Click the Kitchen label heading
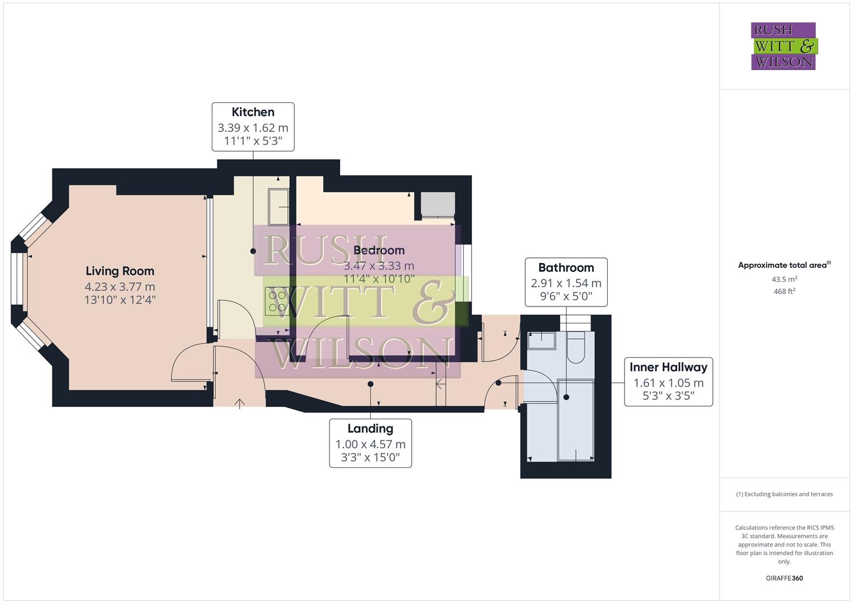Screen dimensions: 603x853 tap(253, 112)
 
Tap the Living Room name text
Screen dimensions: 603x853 tap(120, 271)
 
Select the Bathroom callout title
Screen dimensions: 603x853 tap(566, 267)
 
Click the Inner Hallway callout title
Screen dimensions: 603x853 tap(668, 367)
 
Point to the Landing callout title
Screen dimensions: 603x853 tap(370, 428)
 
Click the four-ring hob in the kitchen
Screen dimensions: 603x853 tap(275, 301)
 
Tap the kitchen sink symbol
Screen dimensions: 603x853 tap(278, 206)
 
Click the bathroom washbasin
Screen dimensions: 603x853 tap(540, 340)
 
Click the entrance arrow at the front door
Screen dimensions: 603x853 tap(240, 403)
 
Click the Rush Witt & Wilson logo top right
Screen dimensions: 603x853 tap(783, 46)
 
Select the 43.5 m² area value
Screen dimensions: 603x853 tap(784, 279)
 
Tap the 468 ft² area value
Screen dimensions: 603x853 tap(784, 291)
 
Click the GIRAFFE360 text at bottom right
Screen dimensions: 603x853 tap(784, 578)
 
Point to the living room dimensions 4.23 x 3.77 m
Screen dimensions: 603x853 tap(120, 286)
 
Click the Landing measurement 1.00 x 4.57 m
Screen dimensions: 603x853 tap(370, 444)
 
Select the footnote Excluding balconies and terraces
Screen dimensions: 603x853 tap(784, 494)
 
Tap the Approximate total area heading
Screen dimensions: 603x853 tap(783, 265)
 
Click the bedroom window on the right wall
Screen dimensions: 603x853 tap(464, 272)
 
